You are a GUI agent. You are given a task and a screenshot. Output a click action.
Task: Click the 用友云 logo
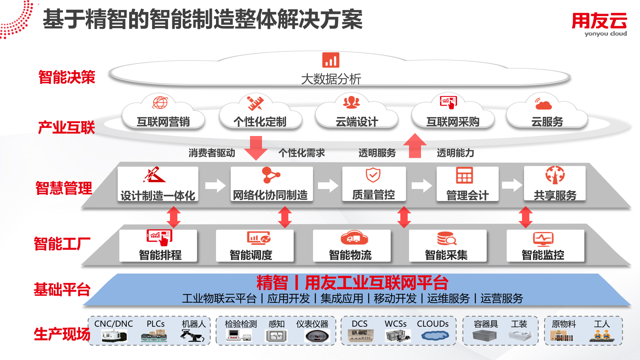tap(599, 24)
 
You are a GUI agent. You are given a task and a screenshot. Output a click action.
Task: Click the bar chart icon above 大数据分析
tap(331, 60)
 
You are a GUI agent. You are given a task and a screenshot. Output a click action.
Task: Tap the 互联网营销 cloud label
tap(163, 122)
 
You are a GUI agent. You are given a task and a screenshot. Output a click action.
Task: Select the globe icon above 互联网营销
tap(160, 103)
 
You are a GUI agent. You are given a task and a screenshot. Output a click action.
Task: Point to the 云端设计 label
tap(357, 122)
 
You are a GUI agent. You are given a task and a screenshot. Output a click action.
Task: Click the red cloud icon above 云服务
tap(543, 104)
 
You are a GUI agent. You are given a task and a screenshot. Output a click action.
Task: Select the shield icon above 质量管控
tap(373, 175)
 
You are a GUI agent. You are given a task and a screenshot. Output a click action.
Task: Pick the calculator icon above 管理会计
tap(464, 175)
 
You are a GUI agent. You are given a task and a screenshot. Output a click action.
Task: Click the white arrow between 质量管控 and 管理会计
tap(422, 186)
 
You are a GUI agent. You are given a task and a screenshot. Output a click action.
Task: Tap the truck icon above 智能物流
tap(354, 238)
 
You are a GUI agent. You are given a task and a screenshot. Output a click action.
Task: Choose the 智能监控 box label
tap(543, 255)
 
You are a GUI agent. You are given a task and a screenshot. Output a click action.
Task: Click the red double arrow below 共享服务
tap(525, 217)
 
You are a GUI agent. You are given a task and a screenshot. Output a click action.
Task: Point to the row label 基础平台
tap(62, 289)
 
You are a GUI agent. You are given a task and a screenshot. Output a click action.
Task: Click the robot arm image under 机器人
tap(192, 335)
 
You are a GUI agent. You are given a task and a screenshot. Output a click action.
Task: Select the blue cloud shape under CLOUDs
tap(435, 335)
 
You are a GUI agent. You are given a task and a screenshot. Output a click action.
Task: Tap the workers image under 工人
tap(602, 335)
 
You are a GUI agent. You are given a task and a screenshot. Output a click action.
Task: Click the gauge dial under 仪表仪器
tap(317, 336)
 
